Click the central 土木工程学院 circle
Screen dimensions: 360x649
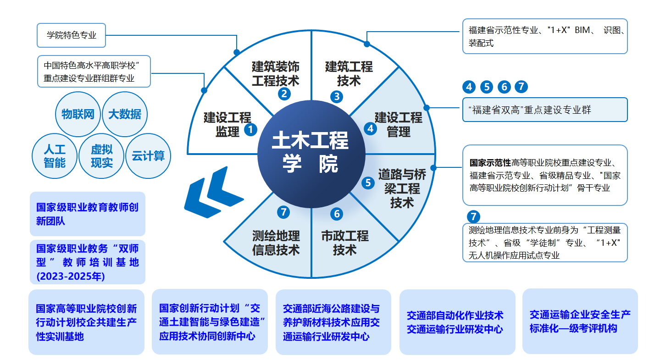click(311, 152)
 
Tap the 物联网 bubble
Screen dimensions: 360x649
click(78, 114)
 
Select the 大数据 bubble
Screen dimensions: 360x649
click(125, 114)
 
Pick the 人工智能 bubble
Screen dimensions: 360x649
click(55, 156)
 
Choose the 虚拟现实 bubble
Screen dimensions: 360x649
click(102, 156)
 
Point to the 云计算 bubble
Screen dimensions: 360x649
click(148, 156)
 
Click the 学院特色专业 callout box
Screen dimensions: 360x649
click(71, 35)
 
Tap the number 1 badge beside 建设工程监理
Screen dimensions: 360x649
click(250, 129)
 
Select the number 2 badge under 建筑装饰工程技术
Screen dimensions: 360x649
click(284, 94)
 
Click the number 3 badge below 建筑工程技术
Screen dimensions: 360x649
click(337, 96)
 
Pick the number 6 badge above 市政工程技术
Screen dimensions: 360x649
click(337, 214)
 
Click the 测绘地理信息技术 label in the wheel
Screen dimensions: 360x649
click(276, 243)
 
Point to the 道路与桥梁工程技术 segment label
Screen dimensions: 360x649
click(402, 188)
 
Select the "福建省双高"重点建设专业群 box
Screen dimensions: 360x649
click(544, 110)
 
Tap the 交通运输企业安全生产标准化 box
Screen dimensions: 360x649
click(580, 321)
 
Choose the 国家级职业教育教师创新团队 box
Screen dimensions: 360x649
click(87, 214)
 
